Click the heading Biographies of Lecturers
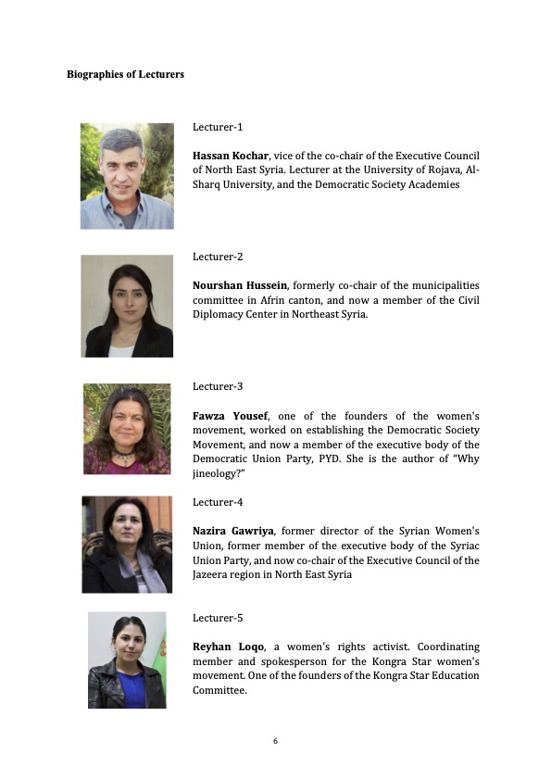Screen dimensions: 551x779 [125, 74]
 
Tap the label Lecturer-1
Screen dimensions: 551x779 [218, 127]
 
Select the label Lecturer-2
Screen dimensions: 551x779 [218, 257]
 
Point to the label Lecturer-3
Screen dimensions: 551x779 [218, 385]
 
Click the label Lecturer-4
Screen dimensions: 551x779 [218, 502]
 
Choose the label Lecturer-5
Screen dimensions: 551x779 [218, 617]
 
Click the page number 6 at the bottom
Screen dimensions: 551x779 [276, 741]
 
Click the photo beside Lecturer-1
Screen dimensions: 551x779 [127, 176]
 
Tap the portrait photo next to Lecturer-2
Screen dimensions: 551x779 [127, 306]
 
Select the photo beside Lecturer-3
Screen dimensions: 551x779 [127, 429]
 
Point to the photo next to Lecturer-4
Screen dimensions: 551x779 [127, 545]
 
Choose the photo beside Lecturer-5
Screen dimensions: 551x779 [127, 660]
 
